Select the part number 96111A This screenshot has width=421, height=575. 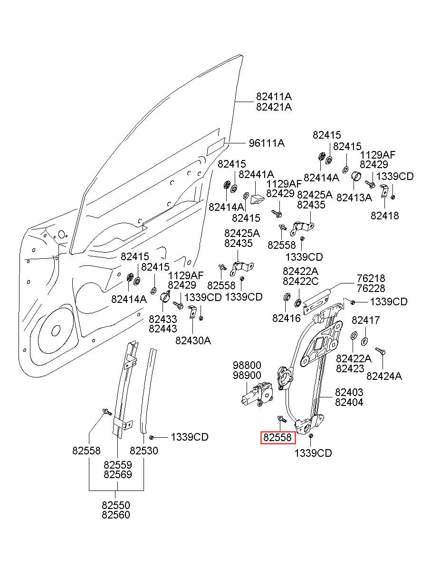pyautogui.click(x=267, y=143)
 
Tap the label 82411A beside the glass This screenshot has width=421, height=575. pyautogui.click(x=274, y=97)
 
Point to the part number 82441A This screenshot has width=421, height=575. pyautogui.click(x=256, y=175)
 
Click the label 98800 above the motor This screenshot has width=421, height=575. pyautogui.click(x=247, y=365)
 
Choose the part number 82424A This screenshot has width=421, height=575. pyautogui.click(x=384, y=377)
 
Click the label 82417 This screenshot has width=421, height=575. pyautogui.click(x=365, y=320)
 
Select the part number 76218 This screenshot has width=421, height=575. pyautogui.click(x=371, y=278)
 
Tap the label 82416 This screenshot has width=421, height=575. pyautogui.click(x=287, y=318)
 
